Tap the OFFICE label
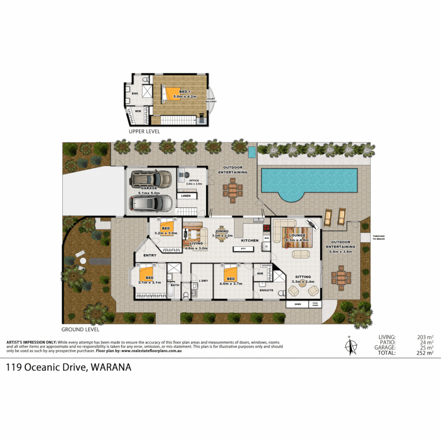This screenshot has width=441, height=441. click(x=194, y=180)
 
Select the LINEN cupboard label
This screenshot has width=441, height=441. click(x=186, y=196)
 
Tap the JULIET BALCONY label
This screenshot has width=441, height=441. click(x=211, y=100)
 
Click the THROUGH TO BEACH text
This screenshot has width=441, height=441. click(x=379, y=237)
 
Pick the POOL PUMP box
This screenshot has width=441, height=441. click(x=315, y=304)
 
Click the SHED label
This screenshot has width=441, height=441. click(x=298, y=304)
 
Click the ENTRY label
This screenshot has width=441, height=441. click(x=150, y=255)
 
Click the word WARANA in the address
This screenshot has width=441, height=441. click(x=111, y=367)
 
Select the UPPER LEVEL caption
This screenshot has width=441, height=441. click(x=144, y=131)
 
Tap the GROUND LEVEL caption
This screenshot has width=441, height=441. click(x=80, y=329)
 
